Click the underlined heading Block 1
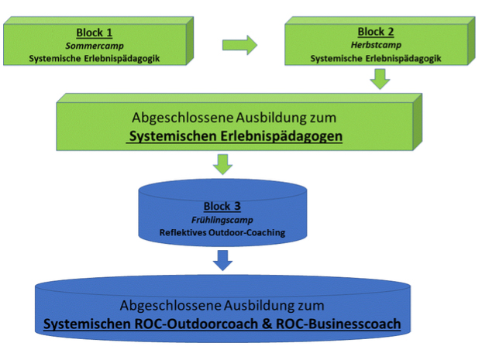(94, 33)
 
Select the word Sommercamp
(95, 46)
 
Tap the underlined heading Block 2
(376, 32)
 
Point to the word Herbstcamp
(376, 45)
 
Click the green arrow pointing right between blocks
(239, 45)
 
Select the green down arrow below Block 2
(380, 79)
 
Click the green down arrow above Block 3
(222, 164)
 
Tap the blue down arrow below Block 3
(222, 260)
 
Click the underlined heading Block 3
(222, 206)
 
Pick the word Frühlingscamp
(222, 220)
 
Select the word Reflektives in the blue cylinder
(183, 232)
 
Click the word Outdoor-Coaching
(247, 232)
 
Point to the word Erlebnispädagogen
(281, 136)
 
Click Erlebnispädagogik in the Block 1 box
(122, 58)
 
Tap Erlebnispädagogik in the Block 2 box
(403, 58)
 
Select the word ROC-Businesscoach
(338, 324)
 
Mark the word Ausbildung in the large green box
(271, 118)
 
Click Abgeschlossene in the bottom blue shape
(170, 306)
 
